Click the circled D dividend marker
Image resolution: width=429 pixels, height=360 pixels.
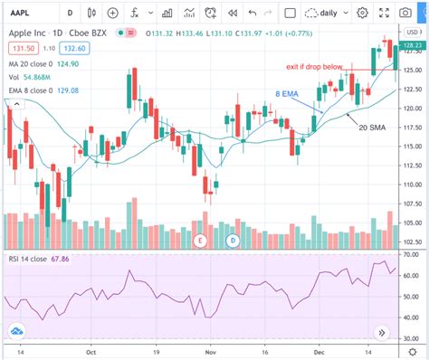pos(233,240)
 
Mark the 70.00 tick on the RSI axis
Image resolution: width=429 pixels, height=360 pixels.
pos(411,254)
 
